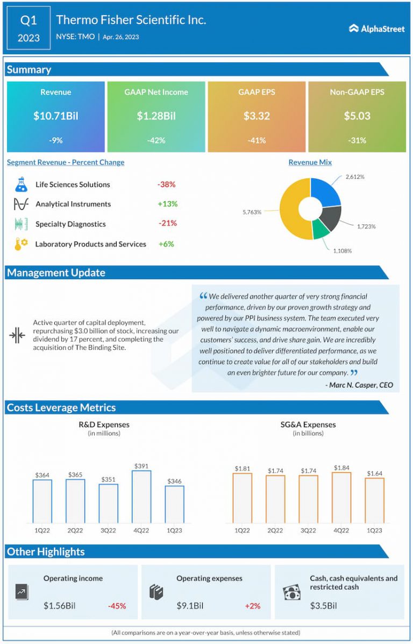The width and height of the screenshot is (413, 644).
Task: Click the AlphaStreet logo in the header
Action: [x=376, y=29]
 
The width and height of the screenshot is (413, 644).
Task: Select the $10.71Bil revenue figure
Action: [x=55, y=116]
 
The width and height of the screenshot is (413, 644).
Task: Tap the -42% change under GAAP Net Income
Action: [x=156, y=140]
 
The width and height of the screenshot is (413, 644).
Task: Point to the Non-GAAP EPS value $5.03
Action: [x=357, y=116]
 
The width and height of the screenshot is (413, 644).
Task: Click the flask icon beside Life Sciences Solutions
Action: [x=20, y=185]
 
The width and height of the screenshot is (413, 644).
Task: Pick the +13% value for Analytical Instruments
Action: [x=167, y=204]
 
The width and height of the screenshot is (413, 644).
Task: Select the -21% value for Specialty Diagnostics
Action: [x=167, y=223]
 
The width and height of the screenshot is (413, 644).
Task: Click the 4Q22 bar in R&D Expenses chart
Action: [x=141, y=497]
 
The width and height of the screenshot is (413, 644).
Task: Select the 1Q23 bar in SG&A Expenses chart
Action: [x=374, y=500]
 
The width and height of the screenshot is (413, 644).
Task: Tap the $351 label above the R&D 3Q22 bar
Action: [x=108, y=479]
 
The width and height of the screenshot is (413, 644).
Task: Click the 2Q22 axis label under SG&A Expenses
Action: [x=275, y=530]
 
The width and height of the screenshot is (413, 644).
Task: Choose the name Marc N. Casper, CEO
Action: [x=359, y=385]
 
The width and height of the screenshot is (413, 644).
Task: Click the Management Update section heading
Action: [x=56, y=273]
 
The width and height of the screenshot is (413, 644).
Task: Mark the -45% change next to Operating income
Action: [x=117, y=606]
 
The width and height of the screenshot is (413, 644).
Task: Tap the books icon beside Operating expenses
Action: [x=156, y=592]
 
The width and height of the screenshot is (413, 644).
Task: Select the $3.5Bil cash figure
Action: [x=323, y=606]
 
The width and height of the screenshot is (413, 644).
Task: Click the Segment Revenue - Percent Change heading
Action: [x=66, y=162]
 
